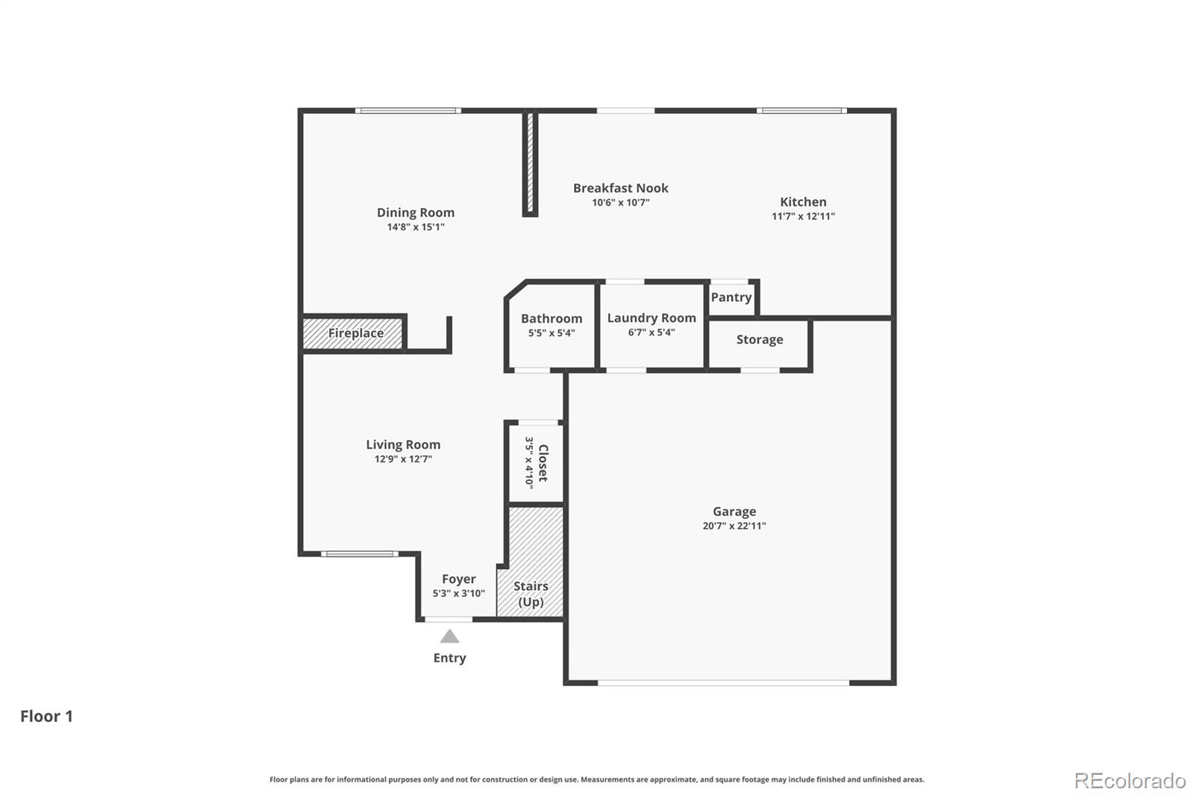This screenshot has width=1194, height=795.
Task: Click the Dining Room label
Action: [415, 213]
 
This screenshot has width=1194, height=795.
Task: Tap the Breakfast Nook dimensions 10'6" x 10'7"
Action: [621, 203]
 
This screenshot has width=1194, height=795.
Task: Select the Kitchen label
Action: [803, 201]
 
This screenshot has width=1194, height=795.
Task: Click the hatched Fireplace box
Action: [354, 333]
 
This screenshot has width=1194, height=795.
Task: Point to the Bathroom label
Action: [551, 318]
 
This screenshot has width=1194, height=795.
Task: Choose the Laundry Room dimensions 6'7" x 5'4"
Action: [651, 333]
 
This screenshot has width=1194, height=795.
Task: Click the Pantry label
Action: [731, 297]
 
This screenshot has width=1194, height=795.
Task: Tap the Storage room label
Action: [759, 339]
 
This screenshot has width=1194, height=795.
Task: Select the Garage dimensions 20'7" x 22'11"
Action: [734, 526]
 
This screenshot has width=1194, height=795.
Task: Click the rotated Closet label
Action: [543, 463]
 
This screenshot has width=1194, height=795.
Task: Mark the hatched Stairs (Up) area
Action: [531, 567]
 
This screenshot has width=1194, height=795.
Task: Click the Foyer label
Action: [458, 579]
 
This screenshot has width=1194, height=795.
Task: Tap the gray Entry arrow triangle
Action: [449, 637]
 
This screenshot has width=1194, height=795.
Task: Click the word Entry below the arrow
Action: [449, 658]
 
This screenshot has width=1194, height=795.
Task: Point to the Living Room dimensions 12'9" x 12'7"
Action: [403, 459]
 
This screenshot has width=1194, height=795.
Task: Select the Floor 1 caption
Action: [46, 716]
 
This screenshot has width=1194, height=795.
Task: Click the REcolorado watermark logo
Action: [1129, 781]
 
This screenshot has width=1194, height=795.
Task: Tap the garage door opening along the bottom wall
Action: [722, 682]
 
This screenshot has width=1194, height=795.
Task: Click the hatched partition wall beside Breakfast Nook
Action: [530, 162]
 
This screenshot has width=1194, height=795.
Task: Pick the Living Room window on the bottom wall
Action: [360, 554]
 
